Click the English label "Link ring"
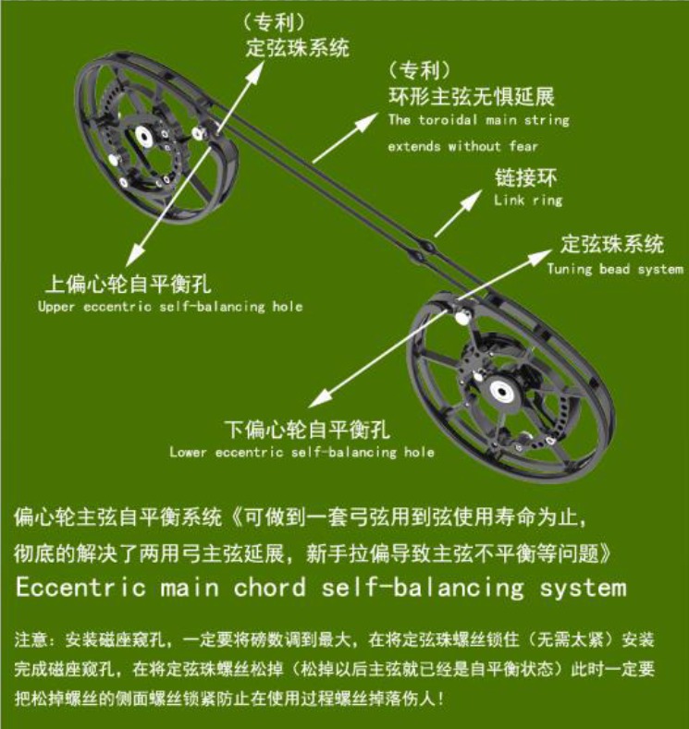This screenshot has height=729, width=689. tap(528, 200)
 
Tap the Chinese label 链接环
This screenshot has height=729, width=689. tap(525, 177)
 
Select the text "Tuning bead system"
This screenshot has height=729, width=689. tap(615, 269)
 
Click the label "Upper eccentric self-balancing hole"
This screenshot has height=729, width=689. tap(170, 307)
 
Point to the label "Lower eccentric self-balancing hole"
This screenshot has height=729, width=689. tap(301, 452)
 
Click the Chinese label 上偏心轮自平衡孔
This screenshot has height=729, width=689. tap(129, 284)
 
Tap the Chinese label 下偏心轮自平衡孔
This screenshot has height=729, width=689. tap(307, 430)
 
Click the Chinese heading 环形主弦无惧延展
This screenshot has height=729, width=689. tap(472, 96)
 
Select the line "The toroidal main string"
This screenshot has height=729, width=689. tap(479, 120)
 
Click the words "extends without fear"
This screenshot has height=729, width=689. tap(463, 147)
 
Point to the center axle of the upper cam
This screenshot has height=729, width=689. tap(143, 136)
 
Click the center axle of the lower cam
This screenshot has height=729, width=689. tap(501, 391)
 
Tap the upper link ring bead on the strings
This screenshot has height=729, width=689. tap(428, 245)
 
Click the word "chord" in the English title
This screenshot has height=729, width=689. tap(270, 588)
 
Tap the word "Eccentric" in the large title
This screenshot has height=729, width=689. tap(81, 588)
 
